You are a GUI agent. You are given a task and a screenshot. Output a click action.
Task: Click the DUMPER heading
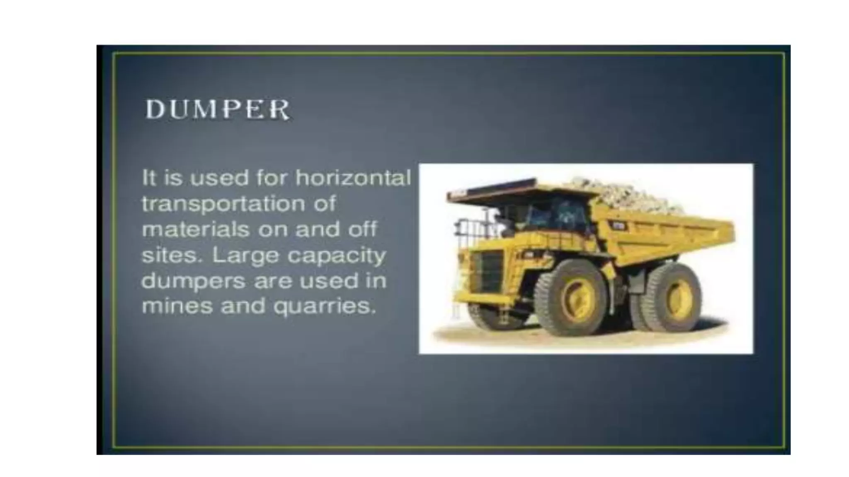click(217, 110)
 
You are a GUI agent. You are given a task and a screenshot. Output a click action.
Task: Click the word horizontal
click(353, 178)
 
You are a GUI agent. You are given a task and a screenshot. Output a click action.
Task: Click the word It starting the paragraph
click(149, 178)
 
